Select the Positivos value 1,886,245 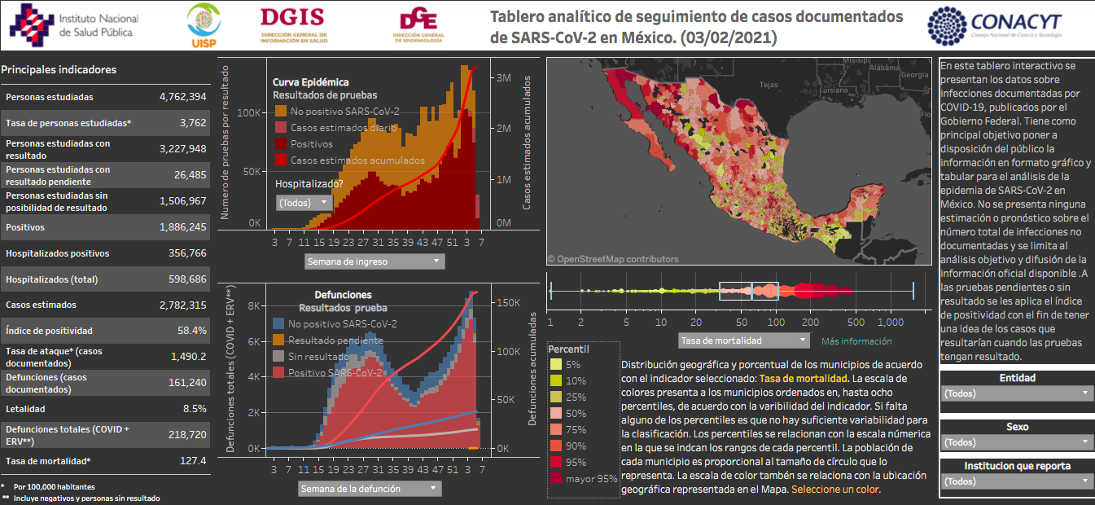pos(182,227)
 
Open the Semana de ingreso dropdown pos(375,261)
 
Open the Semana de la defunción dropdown pos(370,489)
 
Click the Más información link pos(856,341)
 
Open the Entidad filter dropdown pos(1016,393)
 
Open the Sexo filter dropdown pos(1016,442)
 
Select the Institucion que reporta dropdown pos(1016,481)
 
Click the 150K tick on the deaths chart pos(509,302)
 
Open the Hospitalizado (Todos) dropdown pos(304,203)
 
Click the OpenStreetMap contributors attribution pos(612,259)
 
